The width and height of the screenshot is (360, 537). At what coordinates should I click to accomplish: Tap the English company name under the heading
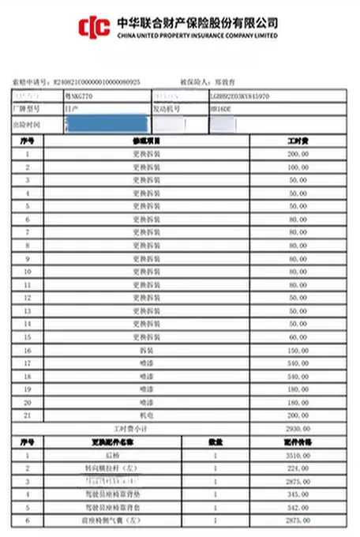(x=197, y=36)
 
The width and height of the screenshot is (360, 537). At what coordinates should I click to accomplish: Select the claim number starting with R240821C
(x=96, y=81)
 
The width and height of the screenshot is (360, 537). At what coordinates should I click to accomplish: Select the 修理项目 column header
(x=146, y=140)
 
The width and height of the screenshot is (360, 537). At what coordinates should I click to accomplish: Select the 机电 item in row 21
(x=146, y=414)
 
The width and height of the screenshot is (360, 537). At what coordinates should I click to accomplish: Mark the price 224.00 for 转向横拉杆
(x=296, y=468)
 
